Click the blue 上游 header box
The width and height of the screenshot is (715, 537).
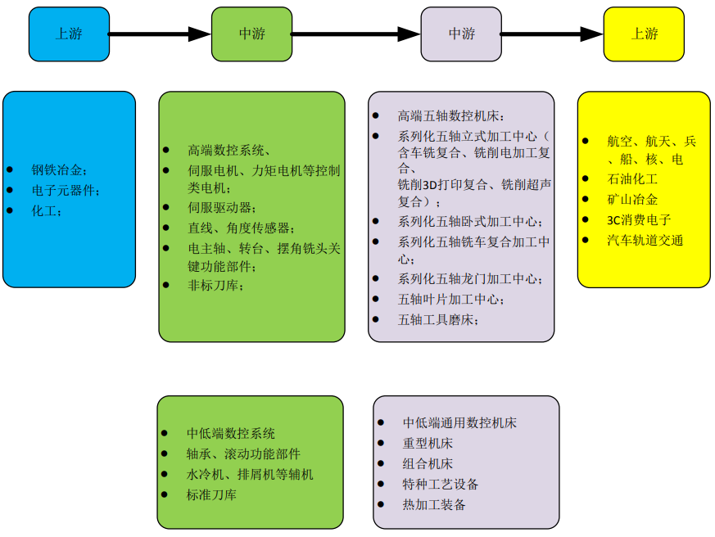point(69,34)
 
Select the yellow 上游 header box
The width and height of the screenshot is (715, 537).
point(644,34)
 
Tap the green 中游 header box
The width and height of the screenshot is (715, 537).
point(251,34)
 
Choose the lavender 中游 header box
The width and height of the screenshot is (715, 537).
point(461,34)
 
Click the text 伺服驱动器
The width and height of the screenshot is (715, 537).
point(222,208)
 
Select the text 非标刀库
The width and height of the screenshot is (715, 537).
point(215,285)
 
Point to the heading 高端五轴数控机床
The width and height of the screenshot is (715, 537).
point(451,117)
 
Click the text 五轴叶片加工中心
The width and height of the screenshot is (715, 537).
point(451,300)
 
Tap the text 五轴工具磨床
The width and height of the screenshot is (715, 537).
point(439,320)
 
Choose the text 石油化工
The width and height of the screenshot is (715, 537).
point(632,178)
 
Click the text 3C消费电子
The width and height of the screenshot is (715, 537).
point(640,219)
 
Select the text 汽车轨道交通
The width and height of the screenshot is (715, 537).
point(645,240)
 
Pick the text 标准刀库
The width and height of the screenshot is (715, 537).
point(211,494)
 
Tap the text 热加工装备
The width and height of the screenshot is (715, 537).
point(434,504)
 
